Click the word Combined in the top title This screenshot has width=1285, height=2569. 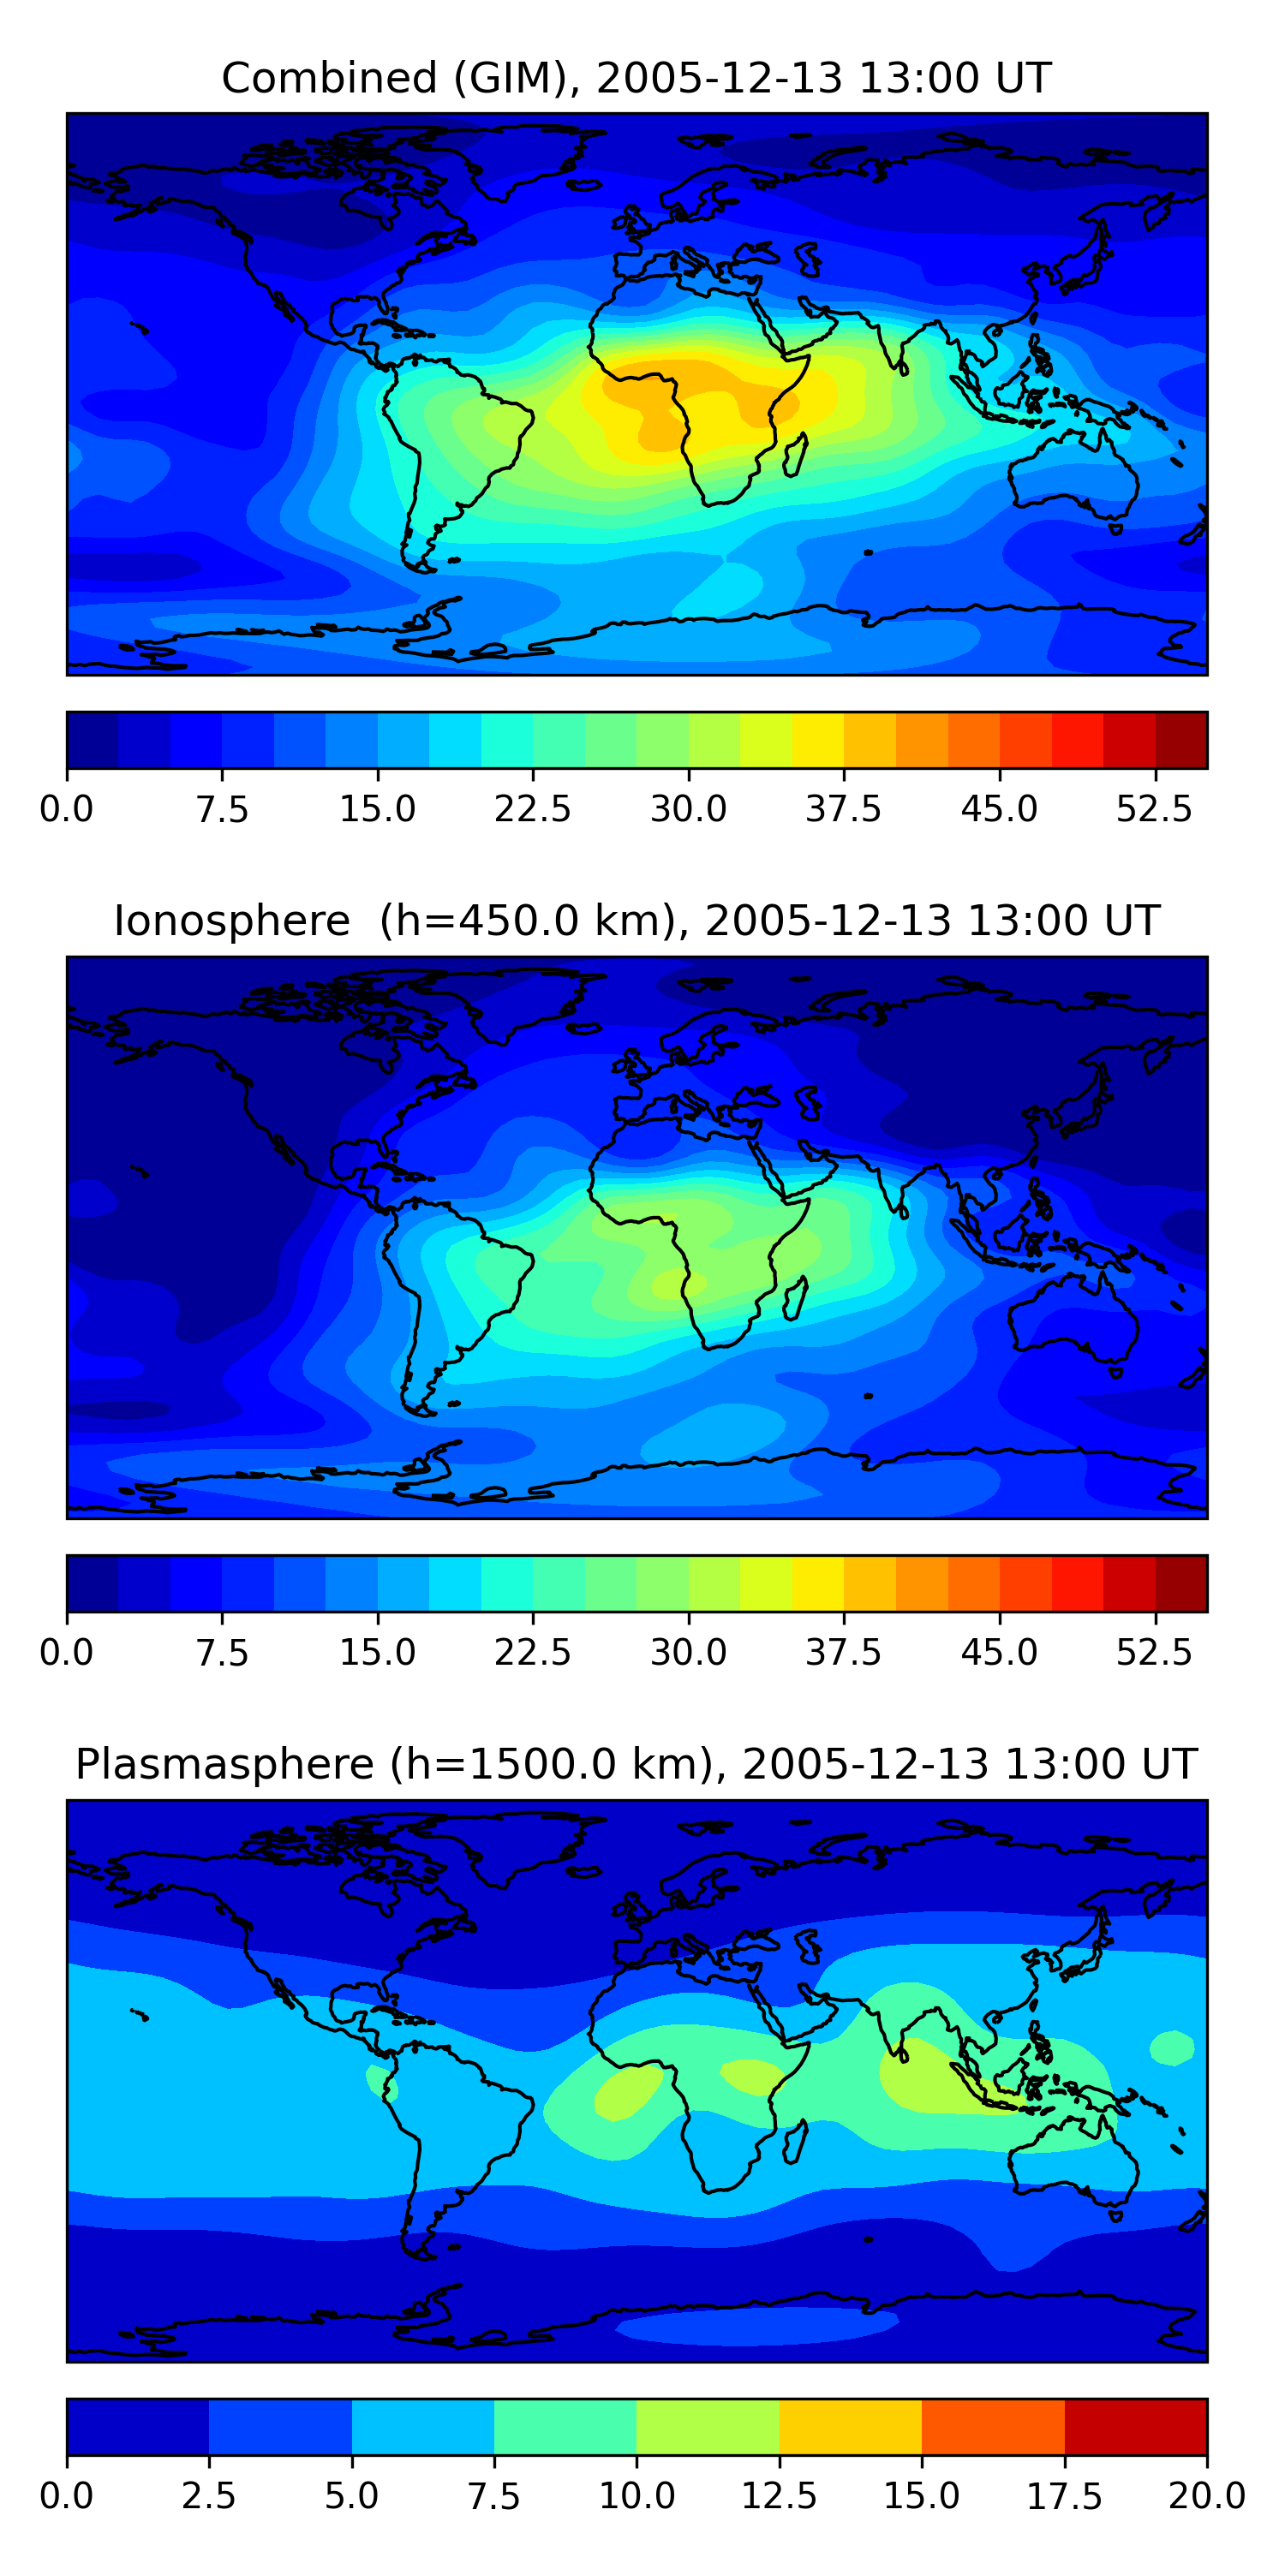click(x=329, y=78)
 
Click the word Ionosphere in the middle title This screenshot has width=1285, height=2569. click(x=231, y=921)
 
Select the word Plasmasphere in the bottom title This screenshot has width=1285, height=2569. click(x=224, y=1764)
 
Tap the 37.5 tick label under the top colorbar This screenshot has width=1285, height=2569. click(x=843, y=808)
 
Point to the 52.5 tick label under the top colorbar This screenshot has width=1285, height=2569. click(x=1154, y=808)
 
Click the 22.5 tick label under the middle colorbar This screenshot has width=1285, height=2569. click(x=533, y=1653)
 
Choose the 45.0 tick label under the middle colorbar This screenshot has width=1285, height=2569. click(x=999, y=1653)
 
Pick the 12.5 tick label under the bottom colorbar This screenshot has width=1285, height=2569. click(x=780, y=2496)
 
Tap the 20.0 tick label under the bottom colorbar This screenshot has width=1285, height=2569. click(x=1206, y=2496)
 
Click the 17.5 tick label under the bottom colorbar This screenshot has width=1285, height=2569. click(x=1065, y=2496)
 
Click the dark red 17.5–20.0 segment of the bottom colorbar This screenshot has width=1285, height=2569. click(x=1135, y=2426)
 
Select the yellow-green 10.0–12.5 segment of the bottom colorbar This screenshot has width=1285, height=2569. click(x=708, y=2426)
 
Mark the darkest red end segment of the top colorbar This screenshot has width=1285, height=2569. click(x=1181, y=740)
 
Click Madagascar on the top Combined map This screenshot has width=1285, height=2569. click(x=796, y=456)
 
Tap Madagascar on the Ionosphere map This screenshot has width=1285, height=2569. click(x=796, y=1298)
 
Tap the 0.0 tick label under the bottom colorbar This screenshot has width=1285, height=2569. click(x=67, y=2496)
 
